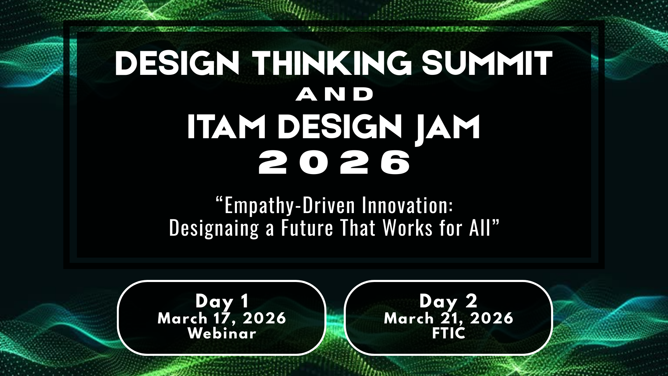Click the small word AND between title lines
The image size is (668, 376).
click(x=334, y=95)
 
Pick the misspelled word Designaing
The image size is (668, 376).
click(x=214, y=229)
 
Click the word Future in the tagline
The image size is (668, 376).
click(x=307, y=228)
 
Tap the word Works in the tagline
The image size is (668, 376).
click(x=407, y=228)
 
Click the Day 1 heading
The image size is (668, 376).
click(x=222, y=301)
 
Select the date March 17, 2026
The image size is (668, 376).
click(x=222, y=319)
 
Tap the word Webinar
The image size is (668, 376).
click(x=222, y=334)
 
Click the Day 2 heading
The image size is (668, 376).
click(x=448, y=301)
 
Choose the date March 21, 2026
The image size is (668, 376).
click(x=448, y=319)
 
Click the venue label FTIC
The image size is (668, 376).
click(x=448, y=334)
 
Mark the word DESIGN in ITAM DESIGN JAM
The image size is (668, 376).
click(x=340, y=127)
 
